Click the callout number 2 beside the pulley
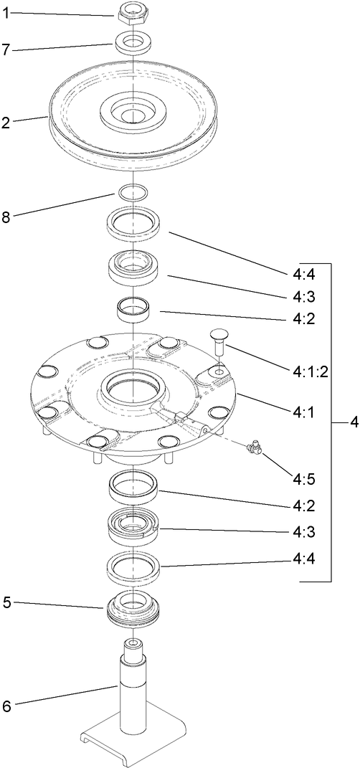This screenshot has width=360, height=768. coord(6,123)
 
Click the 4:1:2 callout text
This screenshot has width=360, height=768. coord(311,372)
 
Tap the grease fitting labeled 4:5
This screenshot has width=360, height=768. coord(253,449)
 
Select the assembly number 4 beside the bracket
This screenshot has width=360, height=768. coord(353,423)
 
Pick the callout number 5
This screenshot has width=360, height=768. coord(6,603)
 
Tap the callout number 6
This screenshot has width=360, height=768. coord(6,706)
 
